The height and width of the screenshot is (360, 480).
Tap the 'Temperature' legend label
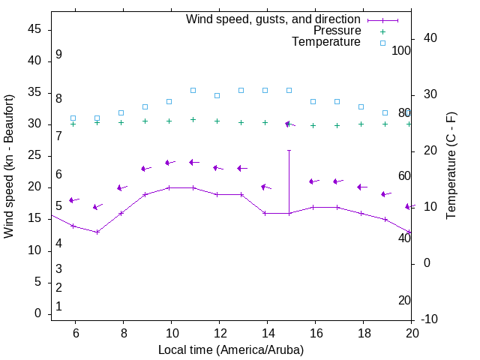pos(326,42)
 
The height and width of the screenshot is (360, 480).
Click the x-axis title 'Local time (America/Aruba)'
pos(231,349)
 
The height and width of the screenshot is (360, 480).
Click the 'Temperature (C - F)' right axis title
pos(451,166)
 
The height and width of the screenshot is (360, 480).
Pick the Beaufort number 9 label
pos(58,55)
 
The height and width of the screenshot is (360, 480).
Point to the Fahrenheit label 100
pos(401,50)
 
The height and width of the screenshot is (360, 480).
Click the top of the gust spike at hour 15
pos(289,150)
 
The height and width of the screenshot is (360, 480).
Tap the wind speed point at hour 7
pos(97,232)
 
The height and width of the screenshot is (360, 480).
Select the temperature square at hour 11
pos(193,90)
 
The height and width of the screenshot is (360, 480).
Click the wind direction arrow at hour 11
pos(193,162)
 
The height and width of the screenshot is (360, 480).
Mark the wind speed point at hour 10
pos(169,187)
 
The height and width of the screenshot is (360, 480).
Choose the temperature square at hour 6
pos(73,118)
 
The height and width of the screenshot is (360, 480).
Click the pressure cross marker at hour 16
pos(313,125)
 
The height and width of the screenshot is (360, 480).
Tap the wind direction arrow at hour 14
pos(265,187)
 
